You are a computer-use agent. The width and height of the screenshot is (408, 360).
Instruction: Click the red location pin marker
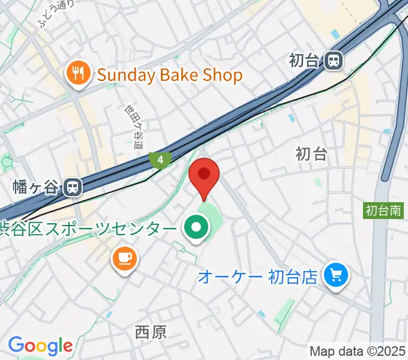(x=204, y=175)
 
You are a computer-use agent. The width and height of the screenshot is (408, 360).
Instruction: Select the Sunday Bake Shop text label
(x=169, y=75)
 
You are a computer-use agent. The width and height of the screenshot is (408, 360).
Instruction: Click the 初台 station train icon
(x=334, y=60)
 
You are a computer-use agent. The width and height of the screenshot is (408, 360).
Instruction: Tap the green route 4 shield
(x=160, y=160)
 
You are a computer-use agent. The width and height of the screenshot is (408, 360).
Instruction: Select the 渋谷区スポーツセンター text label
(x=88, y=229)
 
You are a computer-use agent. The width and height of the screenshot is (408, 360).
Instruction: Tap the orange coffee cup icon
(x=124, y=259)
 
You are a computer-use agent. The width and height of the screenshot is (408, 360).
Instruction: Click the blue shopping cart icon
(x=334, y=275)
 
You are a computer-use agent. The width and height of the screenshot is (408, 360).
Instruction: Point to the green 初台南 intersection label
(x=383, y=210)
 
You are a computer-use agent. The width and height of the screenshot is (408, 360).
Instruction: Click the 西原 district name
(x=151, y=332)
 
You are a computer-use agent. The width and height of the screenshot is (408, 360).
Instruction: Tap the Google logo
(x=40, y=346)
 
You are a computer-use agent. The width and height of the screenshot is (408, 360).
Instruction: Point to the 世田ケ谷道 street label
(x=134, y=127)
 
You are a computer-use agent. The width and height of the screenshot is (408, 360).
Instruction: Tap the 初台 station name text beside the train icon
(x=304, y=60)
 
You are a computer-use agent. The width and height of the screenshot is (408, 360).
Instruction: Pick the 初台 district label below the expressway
(x=311, y=154)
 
